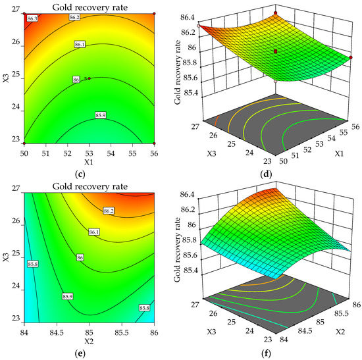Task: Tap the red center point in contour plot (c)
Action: tap(90, 78)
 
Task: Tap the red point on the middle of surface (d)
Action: tap(276, 50)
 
